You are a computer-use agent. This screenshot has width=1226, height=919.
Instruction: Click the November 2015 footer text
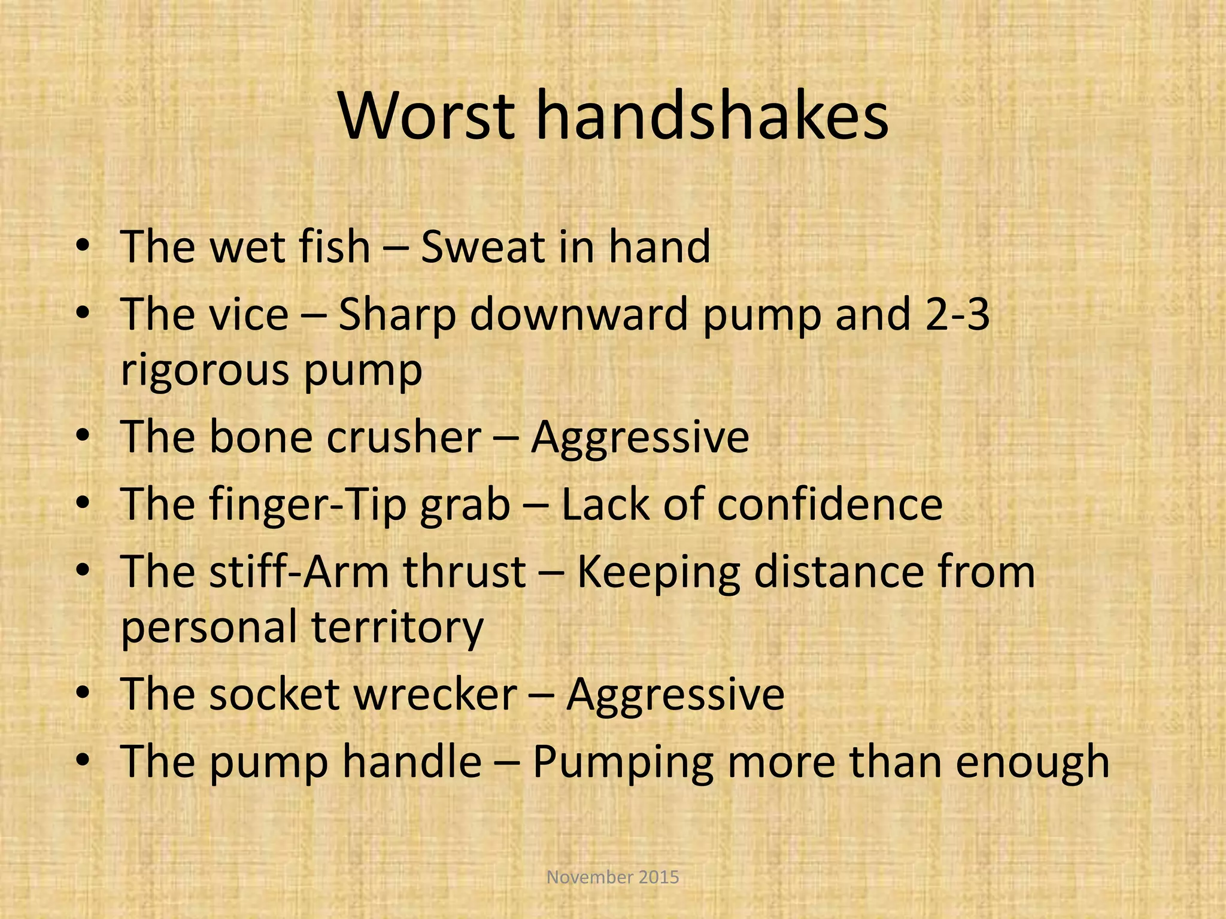(x=613, y=877)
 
